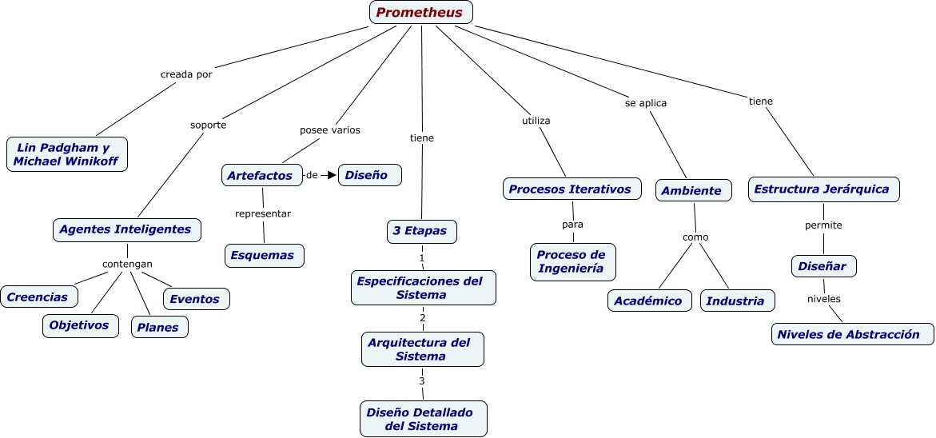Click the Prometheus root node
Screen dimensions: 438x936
coord(421,12)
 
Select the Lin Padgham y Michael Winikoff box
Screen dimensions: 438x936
coord(67,154)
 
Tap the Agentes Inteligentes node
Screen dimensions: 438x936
coord(126,229)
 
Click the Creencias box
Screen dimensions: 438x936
coord(39,297)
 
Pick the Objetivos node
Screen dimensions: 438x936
coord(80,325)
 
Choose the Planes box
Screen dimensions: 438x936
coord(159,327)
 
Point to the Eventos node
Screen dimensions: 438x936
coord(196,299)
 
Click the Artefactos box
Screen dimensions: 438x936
coord(261,175)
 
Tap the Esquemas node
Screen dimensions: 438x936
coord(264,255)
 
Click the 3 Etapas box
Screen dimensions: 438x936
coord(422,232)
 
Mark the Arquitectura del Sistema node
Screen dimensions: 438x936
coord(422,349)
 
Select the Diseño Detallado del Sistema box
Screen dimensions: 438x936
coord(423,419)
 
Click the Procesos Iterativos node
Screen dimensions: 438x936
coord(572,189)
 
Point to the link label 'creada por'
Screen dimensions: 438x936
coord(186,74)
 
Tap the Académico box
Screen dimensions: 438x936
coord(649,301)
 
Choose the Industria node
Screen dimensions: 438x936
coord(737,301)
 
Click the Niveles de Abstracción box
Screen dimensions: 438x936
coord(852,334)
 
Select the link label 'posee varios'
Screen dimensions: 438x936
coord(330,129)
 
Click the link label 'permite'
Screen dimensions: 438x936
coord(823,225)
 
